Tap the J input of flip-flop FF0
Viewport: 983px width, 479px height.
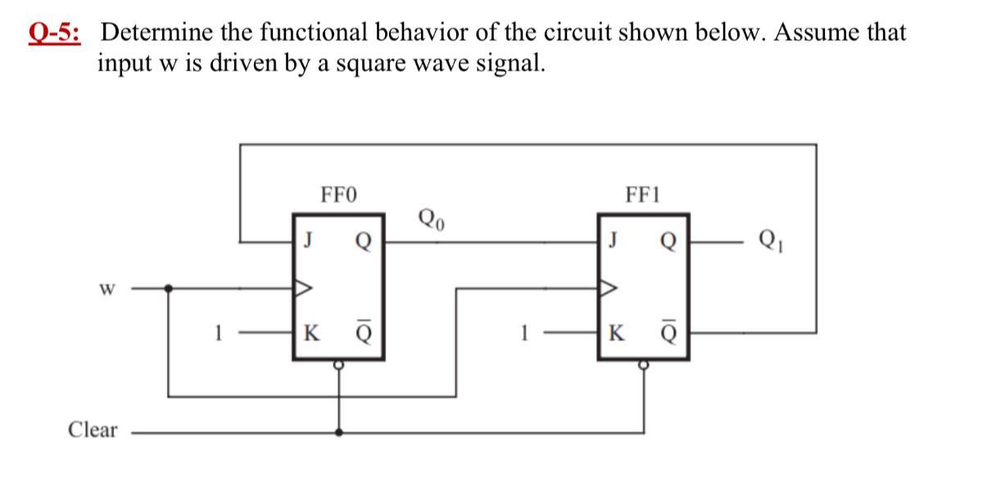[308, 242]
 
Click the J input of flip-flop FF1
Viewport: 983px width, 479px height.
[612, 242]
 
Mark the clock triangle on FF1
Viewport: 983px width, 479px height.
[609, 288]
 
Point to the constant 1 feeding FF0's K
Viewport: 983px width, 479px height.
[217, 333]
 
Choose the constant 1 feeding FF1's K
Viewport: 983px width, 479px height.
[522, 333]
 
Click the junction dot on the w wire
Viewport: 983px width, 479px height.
[169, 288]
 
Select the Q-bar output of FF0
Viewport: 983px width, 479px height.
[363, 334]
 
